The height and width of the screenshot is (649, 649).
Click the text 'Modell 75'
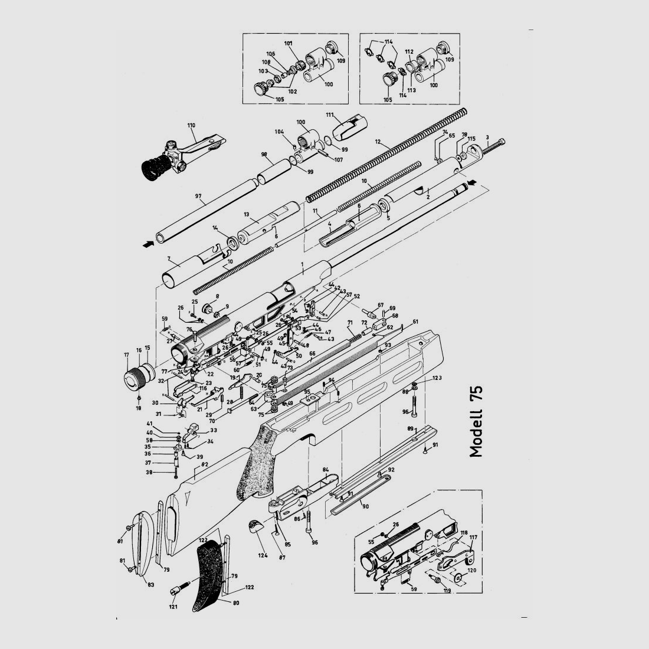coord(476,421)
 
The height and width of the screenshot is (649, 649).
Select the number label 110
coord(191,125)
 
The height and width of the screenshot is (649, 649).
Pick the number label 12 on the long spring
coord(378,143)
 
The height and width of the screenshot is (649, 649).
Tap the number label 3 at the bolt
coord(487,137)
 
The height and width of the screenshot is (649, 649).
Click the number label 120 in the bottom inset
coord(471,572)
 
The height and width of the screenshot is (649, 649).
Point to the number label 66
coord(312,353)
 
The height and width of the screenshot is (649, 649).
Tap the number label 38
coord(150,473)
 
